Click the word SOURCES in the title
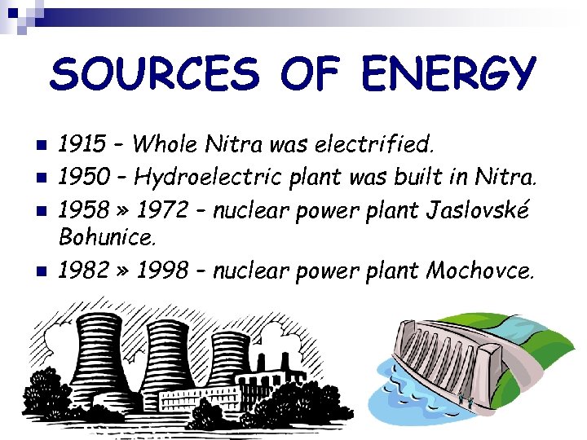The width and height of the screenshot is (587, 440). point(154,75)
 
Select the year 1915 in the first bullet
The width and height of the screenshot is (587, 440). point(82,145)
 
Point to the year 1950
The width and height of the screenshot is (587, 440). point(83,176)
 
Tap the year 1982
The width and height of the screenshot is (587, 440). point(82,270)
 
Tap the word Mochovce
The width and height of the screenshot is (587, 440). point(480,270)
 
